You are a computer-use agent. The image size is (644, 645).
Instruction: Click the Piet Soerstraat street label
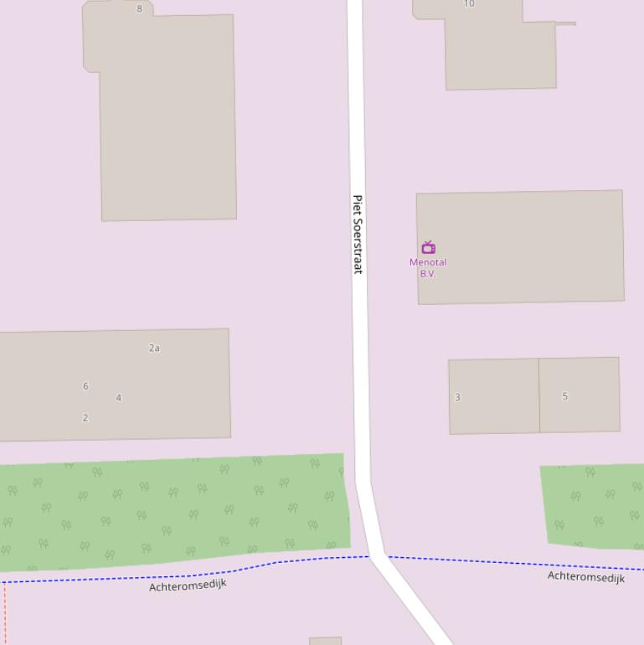click(x=358, y=235)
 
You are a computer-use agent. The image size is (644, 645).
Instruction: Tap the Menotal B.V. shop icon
click(x=428, y=247)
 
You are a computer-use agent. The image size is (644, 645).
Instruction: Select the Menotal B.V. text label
click(x=428, y=268)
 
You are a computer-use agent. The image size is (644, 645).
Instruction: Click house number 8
click(x=139, y=9)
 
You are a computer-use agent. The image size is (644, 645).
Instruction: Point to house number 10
click(x=469, y=4)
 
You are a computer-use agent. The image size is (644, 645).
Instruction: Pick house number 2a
click(x=154, y=348)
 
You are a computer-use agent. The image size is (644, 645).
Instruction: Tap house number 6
click(x=85, y=386)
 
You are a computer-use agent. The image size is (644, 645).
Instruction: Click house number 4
click(x=118, y=398)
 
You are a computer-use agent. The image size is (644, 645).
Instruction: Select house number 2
click(x=85, y=418)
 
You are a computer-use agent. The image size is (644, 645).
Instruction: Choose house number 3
click(x=457, y=398)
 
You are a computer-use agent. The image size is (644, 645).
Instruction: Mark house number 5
click(x=565, y=396)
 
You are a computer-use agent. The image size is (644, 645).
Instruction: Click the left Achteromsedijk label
click(x=188, y=585)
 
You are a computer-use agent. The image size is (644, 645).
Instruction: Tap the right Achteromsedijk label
click(x=586, y=577)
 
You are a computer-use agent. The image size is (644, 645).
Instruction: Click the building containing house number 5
click(x=580, y=410)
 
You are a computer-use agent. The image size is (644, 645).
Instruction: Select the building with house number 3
click(x=494, y=410)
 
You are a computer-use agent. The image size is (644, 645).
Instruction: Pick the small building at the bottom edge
click(x=325, y=641)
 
